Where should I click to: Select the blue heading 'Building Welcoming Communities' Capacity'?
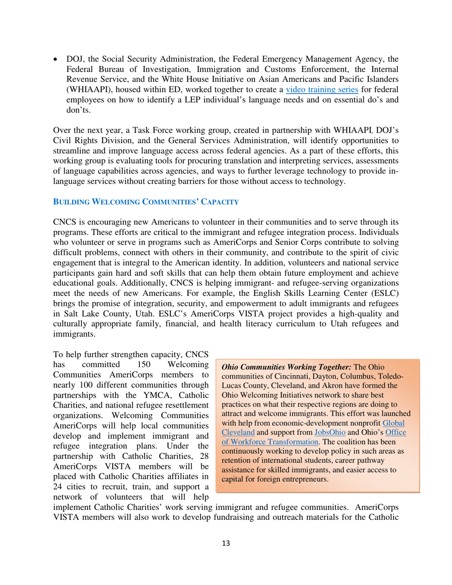(x=146, y=202)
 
